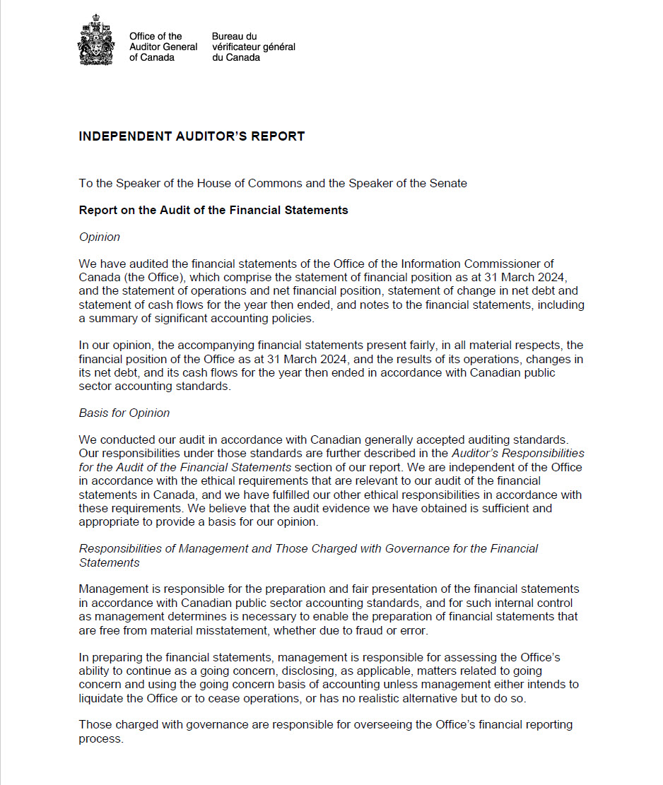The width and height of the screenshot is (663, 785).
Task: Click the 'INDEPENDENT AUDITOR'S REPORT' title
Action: [x=192, y=136]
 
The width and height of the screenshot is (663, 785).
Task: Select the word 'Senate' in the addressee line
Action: [x=448, y=184]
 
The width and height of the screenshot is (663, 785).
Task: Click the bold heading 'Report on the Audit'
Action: [x=213, y=211]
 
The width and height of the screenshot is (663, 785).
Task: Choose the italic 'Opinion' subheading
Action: [x=100, y=237]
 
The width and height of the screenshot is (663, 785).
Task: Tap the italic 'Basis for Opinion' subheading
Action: [x=124, y=413]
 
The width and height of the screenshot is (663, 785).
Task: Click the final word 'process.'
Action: [x=101, y=738]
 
